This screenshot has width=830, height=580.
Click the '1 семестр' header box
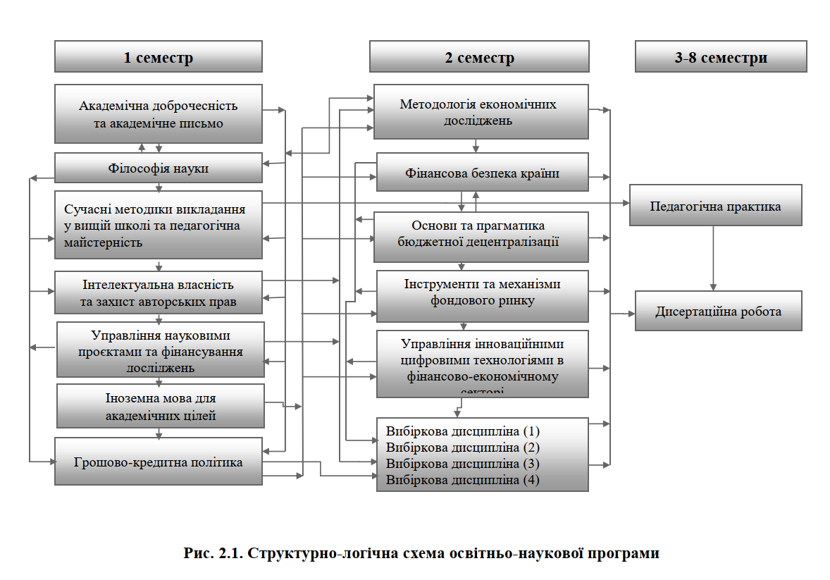pos(159,57)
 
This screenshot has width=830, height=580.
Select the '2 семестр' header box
pos(479,57)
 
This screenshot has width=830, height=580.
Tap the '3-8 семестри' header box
pos(720,57)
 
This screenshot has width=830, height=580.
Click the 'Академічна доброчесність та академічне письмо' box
pos(159,114)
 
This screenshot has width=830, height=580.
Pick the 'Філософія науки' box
pos(159,168)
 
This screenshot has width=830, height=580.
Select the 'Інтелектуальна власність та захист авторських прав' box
pos(159,293)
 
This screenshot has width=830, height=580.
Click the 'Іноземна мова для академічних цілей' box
pos(161,407)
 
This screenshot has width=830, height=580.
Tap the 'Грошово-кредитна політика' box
pos(159,462)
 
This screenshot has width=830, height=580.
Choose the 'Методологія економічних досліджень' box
pos(479,112)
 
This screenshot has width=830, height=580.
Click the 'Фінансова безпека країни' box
pos(482,173)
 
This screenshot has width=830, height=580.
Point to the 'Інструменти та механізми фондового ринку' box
pos(482,292)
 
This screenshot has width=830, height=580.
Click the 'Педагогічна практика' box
pos(715,206)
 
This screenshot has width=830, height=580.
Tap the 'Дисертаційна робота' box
pos(718,311)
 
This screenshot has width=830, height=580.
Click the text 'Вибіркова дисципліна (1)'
pos(462,431)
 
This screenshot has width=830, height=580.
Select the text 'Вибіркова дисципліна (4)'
pos(462,480)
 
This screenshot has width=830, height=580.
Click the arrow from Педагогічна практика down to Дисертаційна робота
pos(714,258)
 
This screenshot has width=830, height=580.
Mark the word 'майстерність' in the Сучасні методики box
pos(104,242)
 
